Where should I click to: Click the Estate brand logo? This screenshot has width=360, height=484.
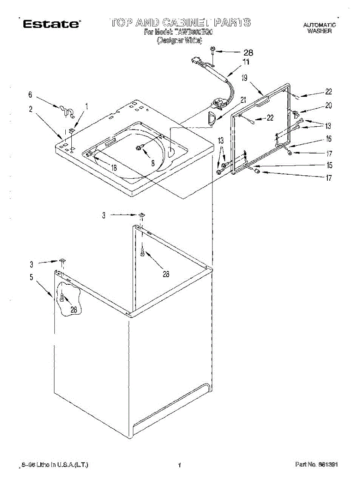(x=51, y=24)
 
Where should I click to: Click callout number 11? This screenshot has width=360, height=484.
(x=246, y=62)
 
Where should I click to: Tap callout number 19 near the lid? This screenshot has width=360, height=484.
(x=244, y=78)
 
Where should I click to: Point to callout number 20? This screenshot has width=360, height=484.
(x=328, y=106)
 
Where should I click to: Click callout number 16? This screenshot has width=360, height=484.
(x=329, y=139)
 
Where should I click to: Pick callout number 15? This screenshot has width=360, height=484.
(x=329, y=165)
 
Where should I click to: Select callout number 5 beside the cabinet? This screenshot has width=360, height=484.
(x=31, y=277)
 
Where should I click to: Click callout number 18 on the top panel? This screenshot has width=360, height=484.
(x=114, y=168)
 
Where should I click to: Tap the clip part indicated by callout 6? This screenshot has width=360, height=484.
(x=65, y=111)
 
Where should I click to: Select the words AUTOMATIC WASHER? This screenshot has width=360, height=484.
(x=319, y=28)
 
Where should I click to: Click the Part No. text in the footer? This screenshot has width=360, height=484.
(x=316, y=465)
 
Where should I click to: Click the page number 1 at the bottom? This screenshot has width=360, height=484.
(x=179, y=465)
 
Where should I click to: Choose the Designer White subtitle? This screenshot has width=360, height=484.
(x=179, y=40)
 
